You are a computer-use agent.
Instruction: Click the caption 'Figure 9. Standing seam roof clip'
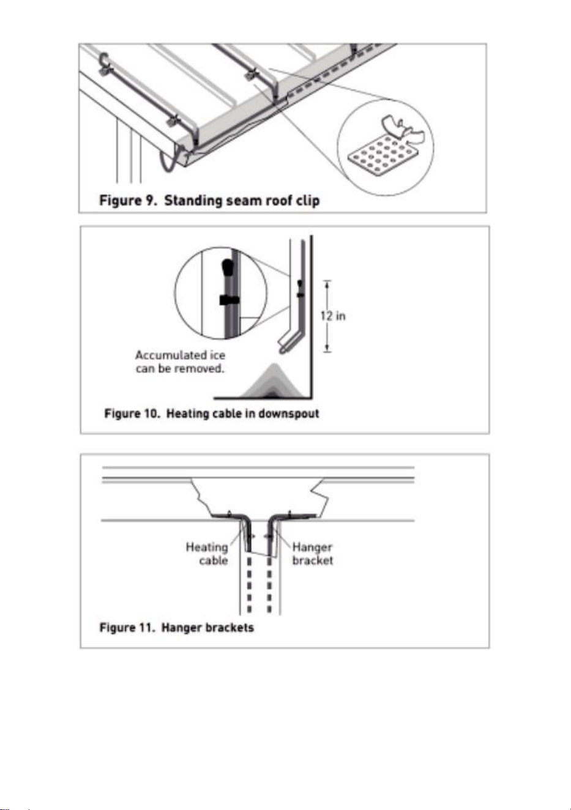[x=209, y=200]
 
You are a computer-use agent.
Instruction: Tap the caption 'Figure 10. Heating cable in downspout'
[x=212, y=414]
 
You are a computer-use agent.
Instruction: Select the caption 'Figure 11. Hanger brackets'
[x=177, y=628]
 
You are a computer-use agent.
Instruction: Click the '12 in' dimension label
[x=333, y=316]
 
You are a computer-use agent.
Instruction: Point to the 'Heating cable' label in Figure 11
[x=207, y=554]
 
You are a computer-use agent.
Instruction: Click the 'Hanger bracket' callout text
[x=313, y=554]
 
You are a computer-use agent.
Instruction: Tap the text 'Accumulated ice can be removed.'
[x=180, y=362]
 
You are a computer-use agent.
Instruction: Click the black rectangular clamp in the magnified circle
[x=230, y=300]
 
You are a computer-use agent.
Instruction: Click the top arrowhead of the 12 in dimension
[x=327, y=284]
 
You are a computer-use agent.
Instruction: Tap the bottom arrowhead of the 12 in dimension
[x=327, y=348]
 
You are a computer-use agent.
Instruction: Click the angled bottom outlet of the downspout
[x=289, y=341]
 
